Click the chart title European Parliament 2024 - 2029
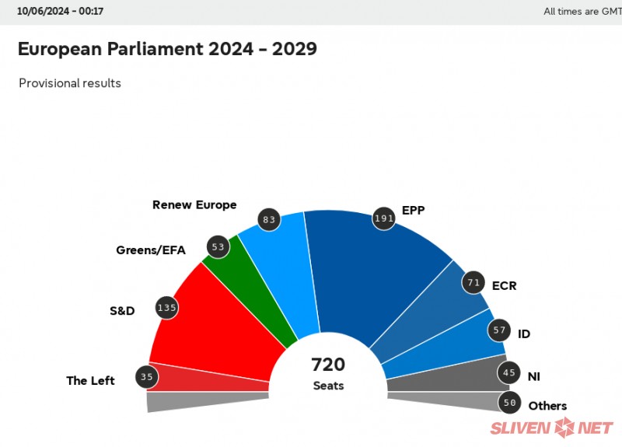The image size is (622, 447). coord(167,49)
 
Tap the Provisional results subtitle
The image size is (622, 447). coord(70,83)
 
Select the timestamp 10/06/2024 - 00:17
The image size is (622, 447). coord(61,12)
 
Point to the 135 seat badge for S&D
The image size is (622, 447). coord(167,307)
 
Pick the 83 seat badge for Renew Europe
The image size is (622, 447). coord(270,220)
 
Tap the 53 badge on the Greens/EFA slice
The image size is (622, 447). coord(218,247)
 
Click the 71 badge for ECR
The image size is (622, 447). coord(473,282)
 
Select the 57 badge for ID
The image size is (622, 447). coord(499,330)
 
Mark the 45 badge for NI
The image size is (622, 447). coord(509,373)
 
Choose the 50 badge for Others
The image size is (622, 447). coord(510,402)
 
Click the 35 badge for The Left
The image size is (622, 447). coord(145,378)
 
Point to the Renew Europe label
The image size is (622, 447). coord(194,205)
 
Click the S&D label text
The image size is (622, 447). coord(122,311)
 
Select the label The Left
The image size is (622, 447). coord(90,381)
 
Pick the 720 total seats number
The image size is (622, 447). coord(328,365)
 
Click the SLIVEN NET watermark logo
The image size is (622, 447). coord(552,427)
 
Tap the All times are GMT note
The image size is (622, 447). coord(582,12)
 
